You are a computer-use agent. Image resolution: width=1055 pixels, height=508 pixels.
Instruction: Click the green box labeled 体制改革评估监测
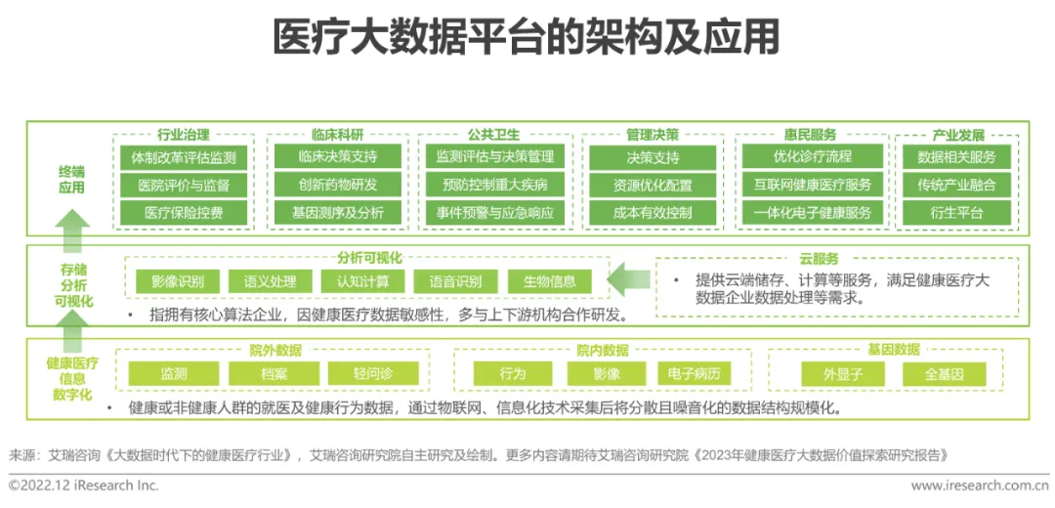(x=183, y=157)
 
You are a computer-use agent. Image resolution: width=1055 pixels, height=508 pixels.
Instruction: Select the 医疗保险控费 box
(x=183, y=212)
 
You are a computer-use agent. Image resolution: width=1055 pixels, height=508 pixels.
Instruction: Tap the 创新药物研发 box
(x=338, y=185)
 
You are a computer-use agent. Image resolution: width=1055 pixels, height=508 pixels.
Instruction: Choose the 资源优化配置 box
(x=653, y=185)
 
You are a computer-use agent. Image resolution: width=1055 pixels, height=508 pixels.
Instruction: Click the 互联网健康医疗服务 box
(x=812, y=185)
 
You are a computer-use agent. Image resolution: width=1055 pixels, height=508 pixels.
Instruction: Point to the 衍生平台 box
(x=956, y=212)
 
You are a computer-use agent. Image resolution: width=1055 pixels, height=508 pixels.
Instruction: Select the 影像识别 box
(x=177, y=282)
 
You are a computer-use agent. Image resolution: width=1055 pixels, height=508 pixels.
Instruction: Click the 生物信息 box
(x=549, y=282)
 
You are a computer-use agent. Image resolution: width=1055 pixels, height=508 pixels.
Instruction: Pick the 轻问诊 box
(x=372, y=374)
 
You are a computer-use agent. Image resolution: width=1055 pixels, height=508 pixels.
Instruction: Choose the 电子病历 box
(x=694, y=374)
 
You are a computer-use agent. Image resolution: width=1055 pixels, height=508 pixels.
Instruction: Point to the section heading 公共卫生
(x=493, y=135)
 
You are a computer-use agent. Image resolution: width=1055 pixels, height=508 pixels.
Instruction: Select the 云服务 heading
(x=819, y=259)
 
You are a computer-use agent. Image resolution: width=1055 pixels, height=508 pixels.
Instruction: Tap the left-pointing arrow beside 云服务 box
(x=627, y=281)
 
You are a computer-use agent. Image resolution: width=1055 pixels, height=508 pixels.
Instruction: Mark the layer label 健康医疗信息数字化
(x=72, y=378)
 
